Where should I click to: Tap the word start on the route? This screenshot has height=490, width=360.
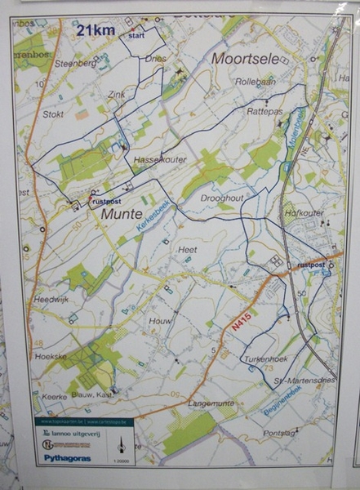click(136, 36)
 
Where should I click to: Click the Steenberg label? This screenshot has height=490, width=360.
click(70, 62)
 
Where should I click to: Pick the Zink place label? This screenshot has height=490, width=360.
click(116, 94)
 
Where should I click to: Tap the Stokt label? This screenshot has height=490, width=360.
click(53, 114)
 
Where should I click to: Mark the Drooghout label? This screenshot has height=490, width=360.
click(223, 198)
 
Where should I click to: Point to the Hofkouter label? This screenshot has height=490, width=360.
click(306, 213)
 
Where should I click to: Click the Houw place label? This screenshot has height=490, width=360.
click(160, 322)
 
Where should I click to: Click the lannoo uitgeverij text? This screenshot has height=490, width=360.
click(72, 433)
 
